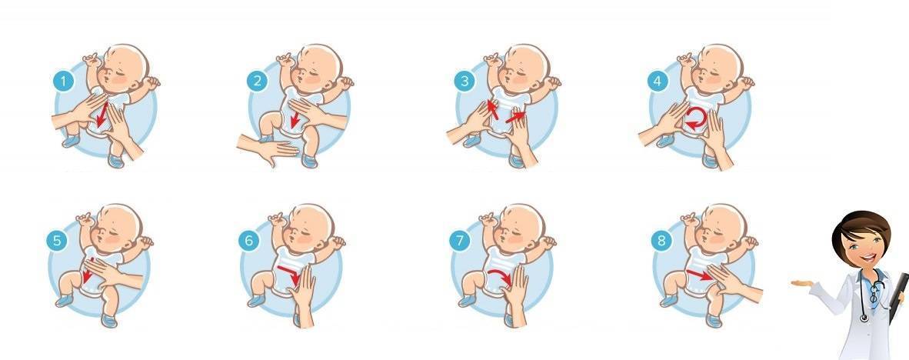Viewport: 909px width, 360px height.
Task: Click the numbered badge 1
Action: coord(64,82)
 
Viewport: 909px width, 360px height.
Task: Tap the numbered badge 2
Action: coord(257,81)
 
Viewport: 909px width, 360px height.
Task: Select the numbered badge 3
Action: coord(464,82)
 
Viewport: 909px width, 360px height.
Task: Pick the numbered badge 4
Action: coord(658,82)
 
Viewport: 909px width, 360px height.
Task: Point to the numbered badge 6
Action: coord(248,241)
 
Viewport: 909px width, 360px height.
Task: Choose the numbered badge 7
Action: coord(459,241)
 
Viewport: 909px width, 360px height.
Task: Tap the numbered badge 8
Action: coord(661,241)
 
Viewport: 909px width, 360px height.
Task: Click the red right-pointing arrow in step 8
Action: coord(699,274)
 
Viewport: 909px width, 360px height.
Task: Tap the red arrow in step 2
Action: coord(295,118)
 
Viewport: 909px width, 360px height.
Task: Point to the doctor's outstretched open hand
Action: coord(802,283)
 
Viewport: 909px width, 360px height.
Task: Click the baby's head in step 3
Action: coord(524,67)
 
